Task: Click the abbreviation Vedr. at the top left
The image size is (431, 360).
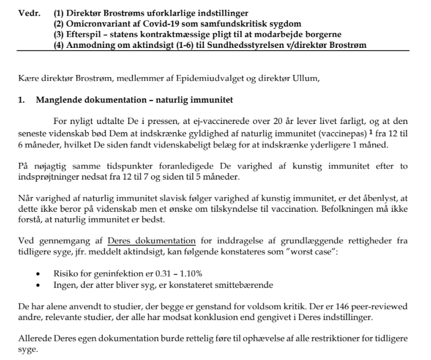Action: click(29, 13)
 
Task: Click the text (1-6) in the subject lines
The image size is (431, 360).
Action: click(193, 45)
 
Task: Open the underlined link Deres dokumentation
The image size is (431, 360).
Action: click(151, 240)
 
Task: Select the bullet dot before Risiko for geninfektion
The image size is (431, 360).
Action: click(38, 274)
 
